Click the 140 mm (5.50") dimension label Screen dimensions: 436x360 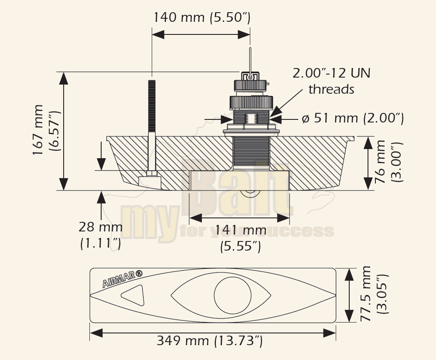coord(202,17)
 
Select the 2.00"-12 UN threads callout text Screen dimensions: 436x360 coord(331,81)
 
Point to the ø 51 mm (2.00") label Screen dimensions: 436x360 coord(353,118)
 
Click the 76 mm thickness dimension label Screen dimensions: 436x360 coord(389,162)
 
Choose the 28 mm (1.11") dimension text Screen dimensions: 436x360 coord(101,235)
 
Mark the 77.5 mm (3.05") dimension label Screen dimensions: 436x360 coord(374,294)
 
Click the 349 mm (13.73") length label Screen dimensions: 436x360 coord(210,340)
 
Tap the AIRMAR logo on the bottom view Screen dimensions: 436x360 coord(123,278)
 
